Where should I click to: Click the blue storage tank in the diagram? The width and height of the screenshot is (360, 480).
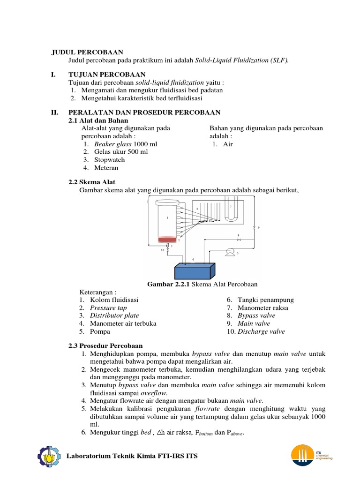tap(195, 271)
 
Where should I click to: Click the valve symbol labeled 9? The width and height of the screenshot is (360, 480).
tap(254, 227)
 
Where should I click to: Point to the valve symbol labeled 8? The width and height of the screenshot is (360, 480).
tap(238, 240)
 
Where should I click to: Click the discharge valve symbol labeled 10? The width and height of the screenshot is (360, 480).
tap(167, 251)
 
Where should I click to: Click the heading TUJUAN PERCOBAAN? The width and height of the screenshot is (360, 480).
tap(107, 75)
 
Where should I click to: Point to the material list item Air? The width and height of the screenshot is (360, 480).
tap(228, 144)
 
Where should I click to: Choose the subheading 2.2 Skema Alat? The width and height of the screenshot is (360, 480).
tap(92, 182)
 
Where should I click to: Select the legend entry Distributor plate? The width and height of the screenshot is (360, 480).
tap(114, 315)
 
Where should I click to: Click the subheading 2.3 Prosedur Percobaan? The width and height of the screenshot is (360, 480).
tap(105, 345)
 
